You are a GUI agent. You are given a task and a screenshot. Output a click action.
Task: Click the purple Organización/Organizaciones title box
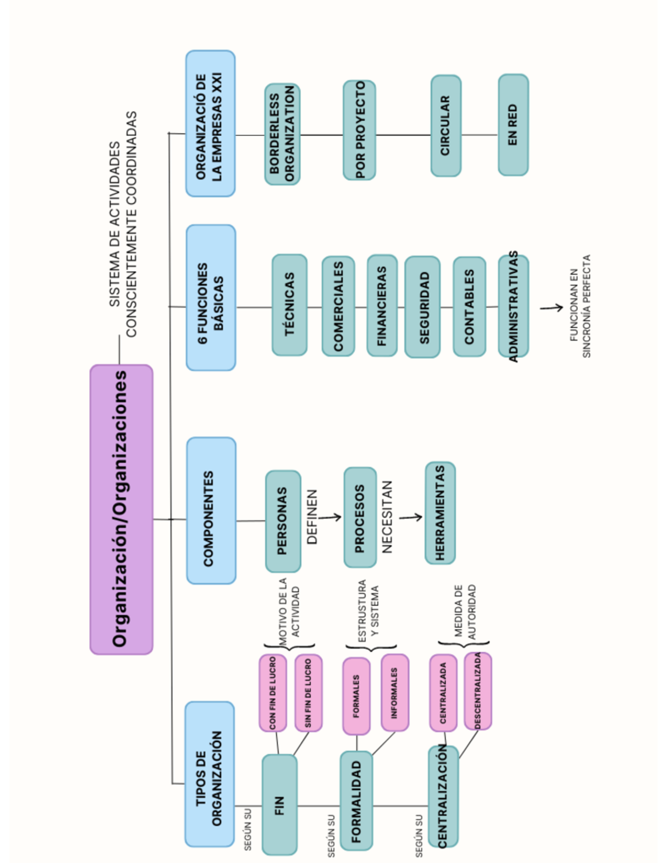click(x=121, y=509)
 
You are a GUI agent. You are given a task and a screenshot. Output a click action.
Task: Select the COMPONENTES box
click(x=211, y=510)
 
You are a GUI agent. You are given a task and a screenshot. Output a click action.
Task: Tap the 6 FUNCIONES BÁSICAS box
click(x=211, y=297)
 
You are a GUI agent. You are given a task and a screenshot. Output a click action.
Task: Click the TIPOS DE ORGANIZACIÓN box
click(x=210, y=774)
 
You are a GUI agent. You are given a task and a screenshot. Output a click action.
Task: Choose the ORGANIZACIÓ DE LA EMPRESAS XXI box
click(x=210, y=123)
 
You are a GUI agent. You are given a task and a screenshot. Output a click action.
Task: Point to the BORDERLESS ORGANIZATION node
click(x=282, y=134)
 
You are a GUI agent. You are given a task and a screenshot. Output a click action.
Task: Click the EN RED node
click(x=513, y=125)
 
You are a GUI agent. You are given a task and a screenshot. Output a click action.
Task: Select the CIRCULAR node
click(x=446, y=126)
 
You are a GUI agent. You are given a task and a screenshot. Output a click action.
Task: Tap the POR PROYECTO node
click(x=359, y=130)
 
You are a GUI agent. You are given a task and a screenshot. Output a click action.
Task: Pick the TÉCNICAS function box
click(x=290, y=305)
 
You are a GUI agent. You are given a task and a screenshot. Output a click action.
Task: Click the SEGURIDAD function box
click(x=422, y=307)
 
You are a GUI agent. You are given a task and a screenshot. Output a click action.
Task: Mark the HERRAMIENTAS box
click(x=440, y=512)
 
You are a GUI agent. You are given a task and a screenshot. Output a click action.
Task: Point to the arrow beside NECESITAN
click(x=411, y=518)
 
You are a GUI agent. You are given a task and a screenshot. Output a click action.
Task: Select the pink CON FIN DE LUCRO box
click(x=273, y=692)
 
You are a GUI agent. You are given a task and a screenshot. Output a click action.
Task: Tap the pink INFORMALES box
click(x=395, y=692)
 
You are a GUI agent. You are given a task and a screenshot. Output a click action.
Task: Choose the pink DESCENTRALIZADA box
click(x=478, y=691)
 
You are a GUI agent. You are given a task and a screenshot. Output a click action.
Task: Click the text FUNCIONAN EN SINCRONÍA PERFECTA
click(x=580, y=306)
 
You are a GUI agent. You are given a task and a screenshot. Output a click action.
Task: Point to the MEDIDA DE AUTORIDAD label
click(x=465, y=610)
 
